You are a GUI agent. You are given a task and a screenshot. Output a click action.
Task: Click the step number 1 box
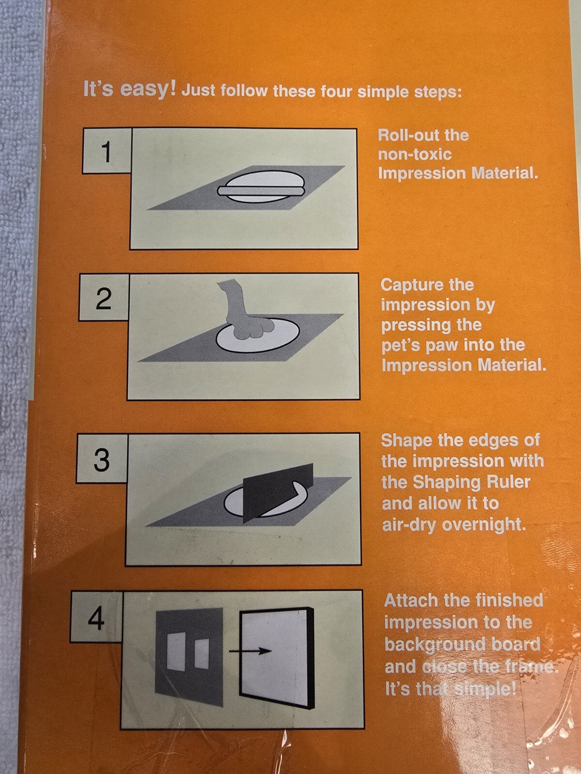click(x=107, y=150)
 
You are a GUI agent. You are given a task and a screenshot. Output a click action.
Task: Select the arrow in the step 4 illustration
click(x=251, y=651)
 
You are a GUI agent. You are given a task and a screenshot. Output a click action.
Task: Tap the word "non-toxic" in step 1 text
click(x=415, y=154)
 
